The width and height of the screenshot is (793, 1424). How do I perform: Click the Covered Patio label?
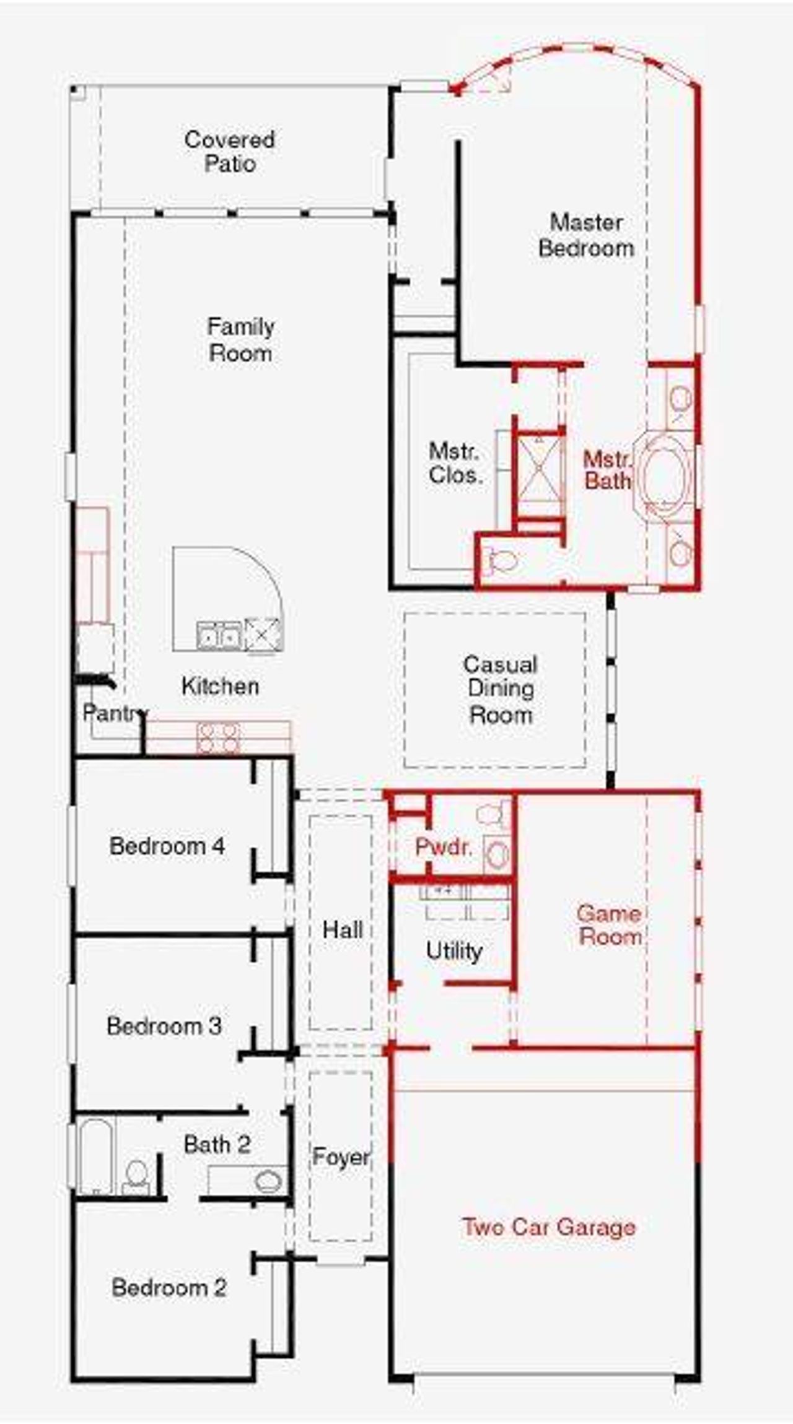pos(229,152)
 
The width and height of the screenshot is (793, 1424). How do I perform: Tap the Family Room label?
pos(240,340)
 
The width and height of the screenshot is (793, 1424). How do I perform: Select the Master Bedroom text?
pos(586,235)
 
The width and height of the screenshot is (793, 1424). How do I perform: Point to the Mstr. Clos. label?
pos(455,463)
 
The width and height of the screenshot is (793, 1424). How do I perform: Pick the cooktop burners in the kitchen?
pos(218,738)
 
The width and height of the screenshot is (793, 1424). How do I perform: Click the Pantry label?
pos(115,713)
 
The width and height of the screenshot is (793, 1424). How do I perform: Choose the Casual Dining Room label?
pos(501,690)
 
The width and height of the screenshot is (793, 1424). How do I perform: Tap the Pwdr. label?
pos(444,847)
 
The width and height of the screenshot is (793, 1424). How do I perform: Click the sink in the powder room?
pos(497,856)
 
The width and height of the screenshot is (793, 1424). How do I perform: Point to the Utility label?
pos(454,951)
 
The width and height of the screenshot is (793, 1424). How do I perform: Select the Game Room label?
pos(610,925)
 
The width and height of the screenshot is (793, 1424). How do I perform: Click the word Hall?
pos(343,929)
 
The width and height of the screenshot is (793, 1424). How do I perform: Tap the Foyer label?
pos(341,1157)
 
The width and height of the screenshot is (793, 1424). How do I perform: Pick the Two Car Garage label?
pos(549,1226)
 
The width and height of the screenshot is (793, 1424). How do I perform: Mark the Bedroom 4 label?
pos(167,846)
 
